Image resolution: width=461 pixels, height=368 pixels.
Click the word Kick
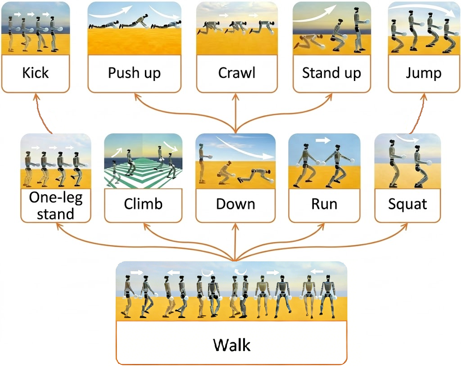[x=36, y=72]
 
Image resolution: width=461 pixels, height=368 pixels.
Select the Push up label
[x=134, y=72]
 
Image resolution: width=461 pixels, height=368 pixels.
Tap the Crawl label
[x=236, y=72]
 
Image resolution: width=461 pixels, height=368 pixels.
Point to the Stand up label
[x=331, y=72]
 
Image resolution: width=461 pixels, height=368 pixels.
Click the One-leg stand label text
[x=55, y=206]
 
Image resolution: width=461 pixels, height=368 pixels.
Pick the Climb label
[x=143, y=204]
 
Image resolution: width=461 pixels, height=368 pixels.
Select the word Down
[x=235, y=204]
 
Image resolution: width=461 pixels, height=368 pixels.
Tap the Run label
[x=324, y=204]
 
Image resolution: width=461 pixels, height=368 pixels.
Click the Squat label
[x=407, y=204]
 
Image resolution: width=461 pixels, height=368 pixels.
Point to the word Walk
[x=231, y=345]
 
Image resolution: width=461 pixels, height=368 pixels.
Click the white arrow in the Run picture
[x=322, y=140]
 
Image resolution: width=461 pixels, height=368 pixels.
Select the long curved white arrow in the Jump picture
[x=421, y=9]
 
